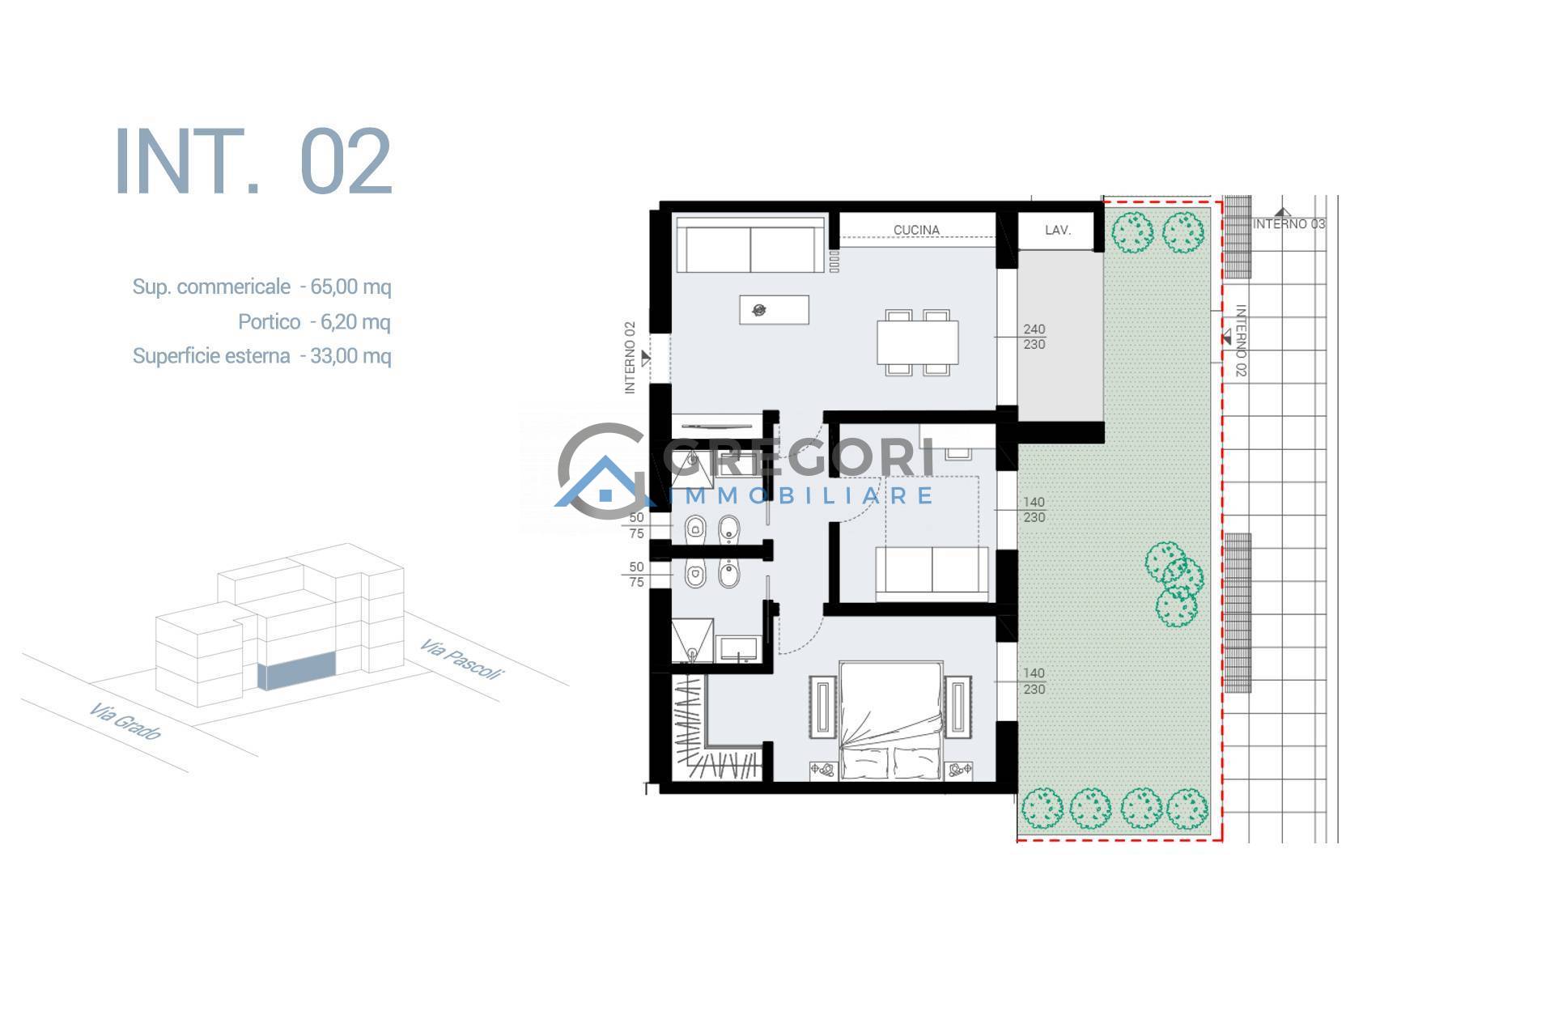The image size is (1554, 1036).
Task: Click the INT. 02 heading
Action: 253,161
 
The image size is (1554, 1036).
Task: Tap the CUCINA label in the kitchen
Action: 916,230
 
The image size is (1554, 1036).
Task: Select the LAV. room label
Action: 1058,230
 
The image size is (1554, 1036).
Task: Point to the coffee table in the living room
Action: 775,310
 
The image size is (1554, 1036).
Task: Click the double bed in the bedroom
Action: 891,721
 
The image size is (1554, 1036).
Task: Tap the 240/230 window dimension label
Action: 1034,337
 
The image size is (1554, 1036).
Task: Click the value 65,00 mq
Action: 350,287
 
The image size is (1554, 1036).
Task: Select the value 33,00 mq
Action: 350,356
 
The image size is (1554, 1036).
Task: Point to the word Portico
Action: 269,322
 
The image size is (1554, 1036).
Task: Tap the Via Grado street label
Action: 125,721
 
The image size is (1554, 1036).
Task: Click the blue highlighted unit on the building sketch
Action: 296,673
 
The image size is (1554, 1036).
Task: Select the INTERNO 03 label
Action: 1289,224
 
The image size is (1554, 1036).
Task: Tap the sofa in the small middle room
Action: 932,574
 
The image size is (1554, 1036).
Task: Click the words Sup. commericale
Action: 211,287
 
